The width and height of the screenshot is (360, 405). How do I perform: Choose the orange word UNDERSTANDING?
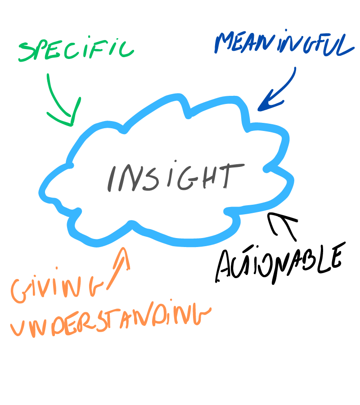pos(111,320)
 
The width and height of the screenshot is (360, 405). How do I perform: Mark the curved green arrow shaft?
pos(55,97)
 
